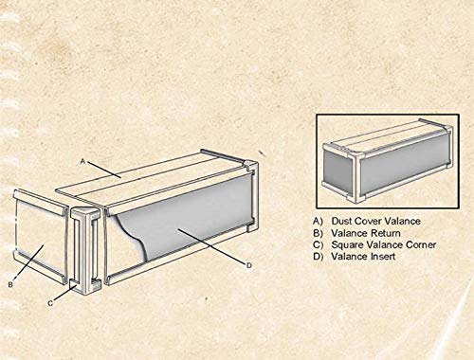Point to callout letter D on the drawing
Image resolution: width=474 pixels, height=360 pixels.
(248, 266)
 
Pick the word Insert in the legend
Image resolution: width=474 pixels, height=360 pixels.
(388, 256)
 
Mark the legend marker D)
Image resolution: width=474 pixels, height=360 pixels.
(318, 256)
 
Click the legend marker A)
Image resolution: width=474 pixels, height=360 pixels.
(318, 220)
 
